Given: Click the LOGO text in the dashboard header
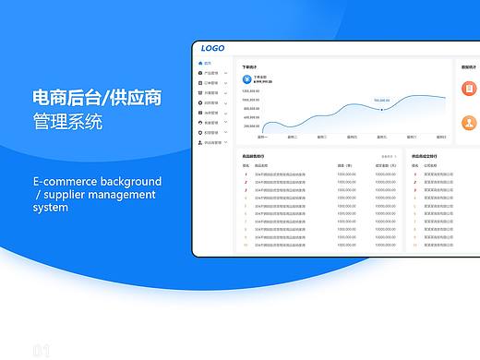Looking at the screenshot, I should tap(212, 49).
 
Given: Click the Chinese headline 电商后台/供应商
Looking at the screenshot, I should tap(97, 97).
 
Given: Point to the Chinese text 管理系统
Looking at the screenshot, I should tap(67, 121).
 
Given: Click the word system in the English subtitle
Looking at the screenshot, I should tap(50, 208).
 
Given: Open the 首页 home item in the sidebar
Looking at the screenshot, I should tap(208, 63).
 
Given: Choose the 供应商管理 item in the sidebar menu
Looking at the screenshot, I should tap(212, 143).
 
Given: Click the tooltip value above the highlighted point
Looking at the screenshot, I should tap(381, 100).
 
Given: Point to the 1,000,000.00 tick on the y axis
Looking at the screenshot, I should tap(251, 91).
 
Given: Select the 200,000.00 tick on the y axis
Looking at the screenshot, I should tap(251, 126).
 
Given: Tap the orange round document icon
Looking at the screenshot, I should tap(469, 88).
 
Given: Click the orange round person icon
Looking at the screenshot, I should tap(469, 123).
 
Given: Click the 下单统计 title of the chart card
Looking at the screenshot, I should tap(250, 67).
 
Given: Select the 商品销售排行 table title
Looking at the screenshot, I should tap(253, 157).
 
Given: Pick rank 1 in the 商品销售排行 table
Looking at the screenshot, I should tap(246, 173).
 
